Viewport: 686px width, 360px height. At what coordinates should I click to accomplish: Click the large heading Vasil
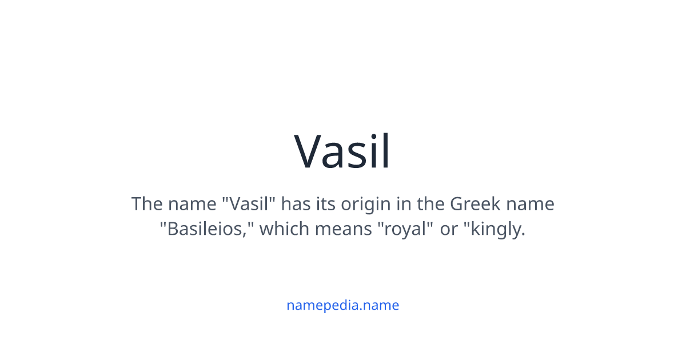(342, 151)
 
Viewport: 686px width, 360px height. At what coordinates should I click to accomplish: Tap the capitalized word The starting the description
(146, 204)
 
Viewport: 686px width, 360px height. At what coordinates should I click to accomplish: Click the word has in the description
(296, 204)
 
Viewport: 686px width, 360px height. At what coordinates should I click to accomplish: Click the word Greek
(475, 204)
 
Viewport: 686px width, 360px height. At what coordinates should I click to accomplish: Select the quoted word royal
(404, 229)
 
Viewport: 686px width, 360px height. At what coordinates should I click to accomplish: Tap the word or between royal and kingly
(449, 229)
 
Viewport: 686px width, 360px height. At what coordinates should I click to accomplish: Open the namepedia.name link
(342, 305)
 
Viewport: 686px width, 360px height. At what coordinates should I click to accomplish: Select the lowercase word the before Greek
(432, 204)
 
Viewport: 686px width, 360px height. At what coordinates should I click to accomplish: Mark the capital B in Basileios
(173, 229)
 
